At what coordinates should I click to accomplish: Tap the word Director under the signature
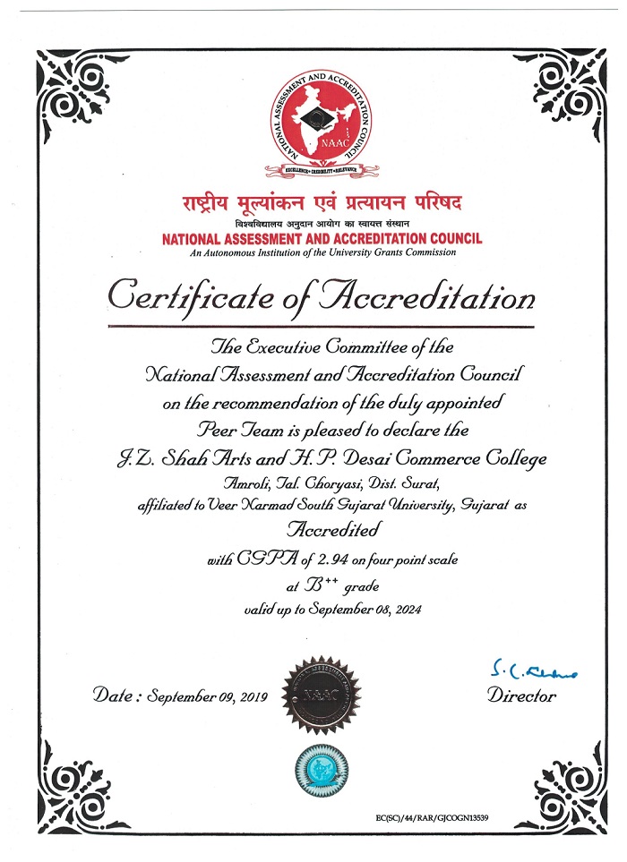pyautogui.click(x=522, y=696)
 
